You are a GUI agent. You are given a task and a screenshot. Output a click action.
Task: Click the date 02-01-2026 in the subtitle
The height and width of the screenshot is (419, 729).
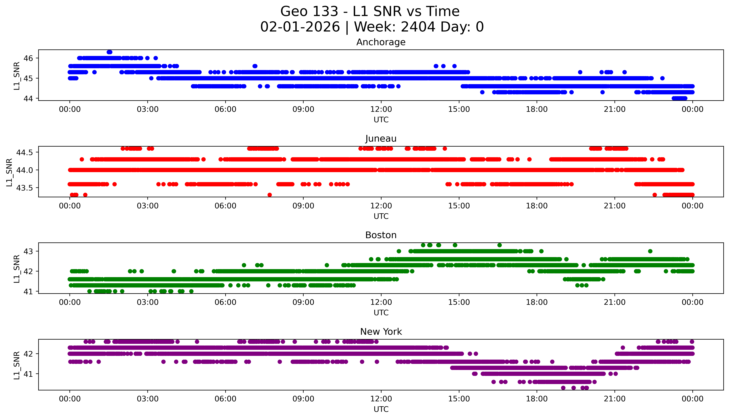[x=300, y=27]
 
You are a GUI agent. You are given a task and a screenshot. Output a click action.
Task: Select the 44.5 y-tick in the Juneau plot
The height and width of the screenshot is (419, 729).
[x=25, y=153]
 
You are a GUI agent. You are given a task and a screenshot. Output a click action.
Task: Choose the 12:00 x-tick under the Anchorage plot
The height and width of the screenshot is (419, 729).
[x=381, y=109]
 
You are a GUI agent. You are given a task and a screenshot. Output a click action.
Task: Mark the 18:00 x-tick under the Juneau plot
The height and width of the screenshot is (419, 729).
[x=537, y=206]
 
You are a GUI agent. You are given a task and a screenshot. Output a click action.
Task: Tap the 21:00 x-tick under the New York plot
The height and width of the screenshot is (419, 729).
[x=614, y=399]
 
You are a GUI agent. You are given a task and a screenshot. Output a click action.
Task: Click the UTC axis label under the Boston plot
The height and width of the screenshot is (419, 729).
[x=381, y=313]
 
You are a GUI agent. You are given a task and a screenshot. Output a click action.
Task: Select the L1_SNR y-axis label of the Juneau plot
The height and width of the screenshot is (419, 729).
[x=9, y=172]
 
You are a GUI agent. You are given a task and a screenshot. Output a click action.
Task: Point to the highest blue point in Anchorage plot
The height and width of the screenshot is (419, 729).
[x=109, y=52]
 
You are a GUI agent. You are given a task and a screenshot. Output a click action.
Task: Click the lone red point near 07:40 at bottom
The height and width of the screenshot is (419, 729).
[x=270, y=195]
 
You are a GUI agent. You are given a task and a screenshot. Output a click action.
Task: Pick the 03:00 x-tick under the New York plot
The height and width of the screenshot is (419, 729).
[x=148, y=399]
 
